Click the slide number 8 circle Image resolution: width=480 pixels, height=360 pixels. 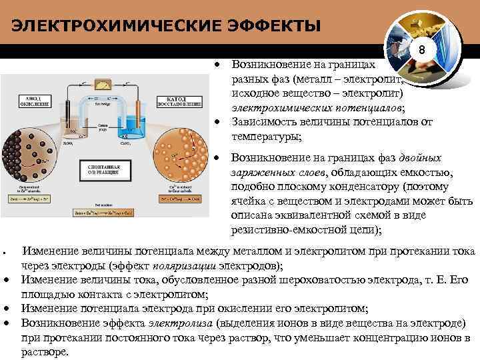(421, 51)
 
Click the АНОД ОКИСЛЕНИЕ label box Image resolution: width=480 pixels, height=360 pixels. (35, 102)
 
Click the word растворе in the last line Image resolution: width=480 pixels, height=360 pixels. (45, 352)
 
